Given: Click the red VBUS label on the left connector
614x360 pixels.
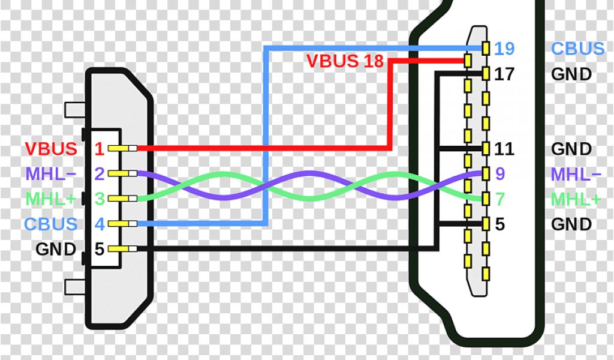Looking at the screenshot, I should pyautogui.click(x=51, y=148).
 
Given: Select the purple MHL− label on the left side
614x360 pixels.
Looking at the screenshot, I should pyautogui.click(x=51, y=174).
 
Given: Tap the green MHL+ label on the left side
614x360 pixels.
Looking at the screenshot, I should pyautogui.click(x=51, y=199).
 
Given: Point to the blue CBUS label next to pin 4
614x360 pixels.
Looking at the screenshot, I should pyautogui.click(x=51, y=224).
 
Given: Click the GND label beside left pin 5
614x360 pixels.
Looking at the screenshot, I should pyautogui.click(x=56, y=248).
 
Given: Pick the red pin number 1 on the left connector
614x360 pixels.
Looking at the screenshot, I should pyautogui.click(x=100, y=148).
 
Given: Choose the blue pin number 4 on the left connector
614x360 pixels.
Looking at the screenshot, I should pyautogui.click(x=100, y=224).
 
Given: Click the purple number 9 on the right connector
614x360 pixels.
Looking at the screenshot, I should pyautogui.click(x=499, y=174).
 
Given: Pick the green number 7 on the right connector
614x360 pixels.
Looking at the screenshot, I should pyautogui.click(x=499, y=199).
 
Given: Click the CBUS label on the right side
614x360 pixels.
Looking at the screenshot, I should pyautogui.click(x=577, y=48).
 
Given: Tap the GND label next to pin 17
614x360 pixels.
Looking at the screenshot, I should pyautogui.click(x=571, y=74).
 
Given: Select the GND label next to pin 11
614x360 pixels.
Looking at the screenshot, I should pyautogui.click(x=571, y=148).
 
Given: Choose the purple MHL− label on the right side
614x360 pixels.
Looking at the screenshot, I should pyautogui.click(x=576, y=174).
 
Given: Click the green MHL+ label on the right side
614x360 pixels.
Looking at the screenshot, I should pyautogui.click(x=576, y=199).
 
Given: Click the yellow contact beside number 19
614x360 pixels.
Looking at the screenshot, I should pyautogui.click(x=486, y=47).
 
